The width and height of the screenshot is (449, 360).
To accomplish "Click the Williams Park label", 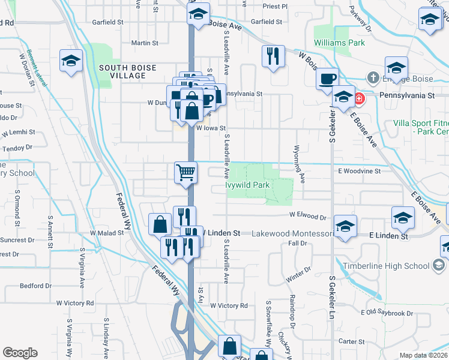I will [339, 43].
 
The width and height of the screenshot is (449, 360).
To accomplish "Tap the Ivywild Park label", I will [247, 185].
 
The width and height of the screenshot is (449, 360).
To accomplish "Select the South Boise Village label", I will [122, 71].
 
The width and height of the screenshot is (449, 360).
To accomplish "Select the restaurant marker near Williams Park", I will [273, 56].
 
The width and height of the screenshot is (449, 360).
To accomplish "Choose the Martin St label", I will [145, 43].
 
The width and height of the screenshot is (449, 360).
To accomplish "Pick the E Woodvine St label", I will [359, 171].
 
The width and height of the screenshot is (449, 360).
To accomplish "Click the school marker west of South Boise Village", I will [71, 61].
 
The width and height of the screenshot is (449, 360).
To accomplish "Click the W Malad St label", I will [106, 233].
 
